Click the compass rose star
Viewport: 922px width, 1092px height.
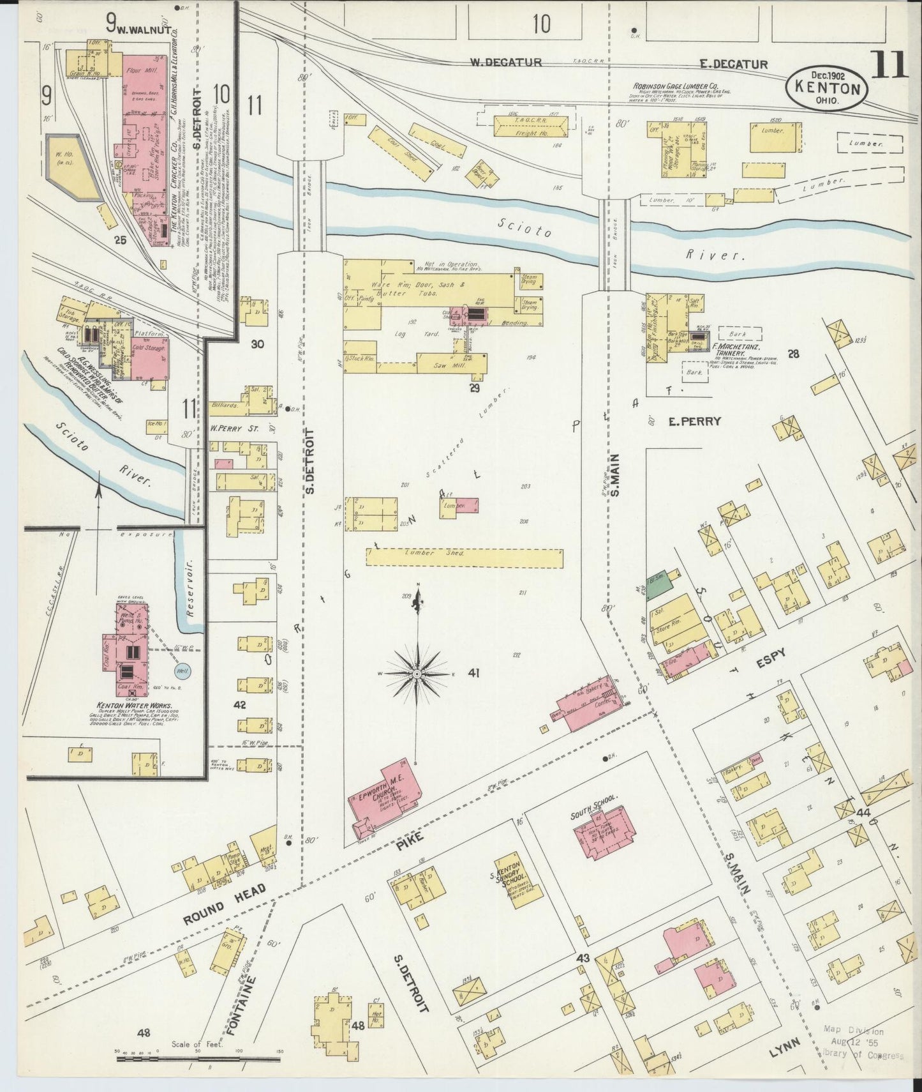coord(416,673)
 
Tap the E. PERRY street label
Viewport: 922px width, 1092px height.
coord(694,421)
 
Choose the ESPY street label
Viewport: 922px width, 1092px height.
coord(771,654)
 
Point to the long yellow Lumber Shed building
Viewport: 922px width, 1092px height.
coord(465,557)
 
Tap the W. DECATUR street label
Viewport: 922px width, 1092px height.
coord(505,63)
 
